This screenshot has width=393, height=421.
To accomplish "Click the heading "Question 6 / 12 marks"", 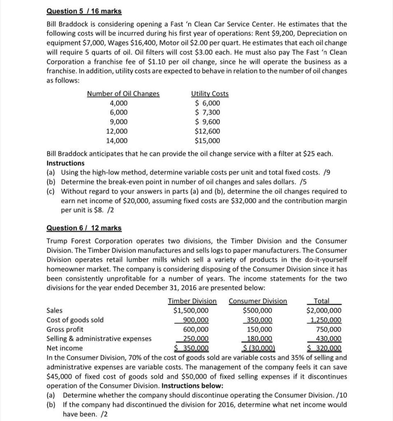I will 84,228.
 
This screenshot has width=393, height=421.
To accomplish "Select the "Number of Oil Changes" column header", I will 123,94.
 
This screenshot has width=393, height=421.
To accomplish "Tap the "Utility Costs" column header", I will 210,94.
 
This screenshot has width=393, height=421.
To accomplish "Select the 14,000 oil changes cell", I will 117,141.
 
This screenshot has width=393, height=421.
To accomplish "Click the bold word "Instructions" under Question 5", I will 65,163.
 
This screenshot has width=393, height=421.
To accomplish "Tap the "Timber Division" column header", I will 192,301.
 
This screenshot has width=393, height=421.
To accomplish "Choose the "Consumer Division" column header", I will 258,301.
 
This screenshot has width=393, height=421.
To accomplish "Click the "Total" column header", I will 321,301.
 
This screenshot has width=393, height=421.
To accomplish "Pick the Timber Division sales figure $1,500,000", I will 191,310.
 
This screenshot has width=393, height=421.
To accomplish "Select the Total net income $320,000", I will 324,348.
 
